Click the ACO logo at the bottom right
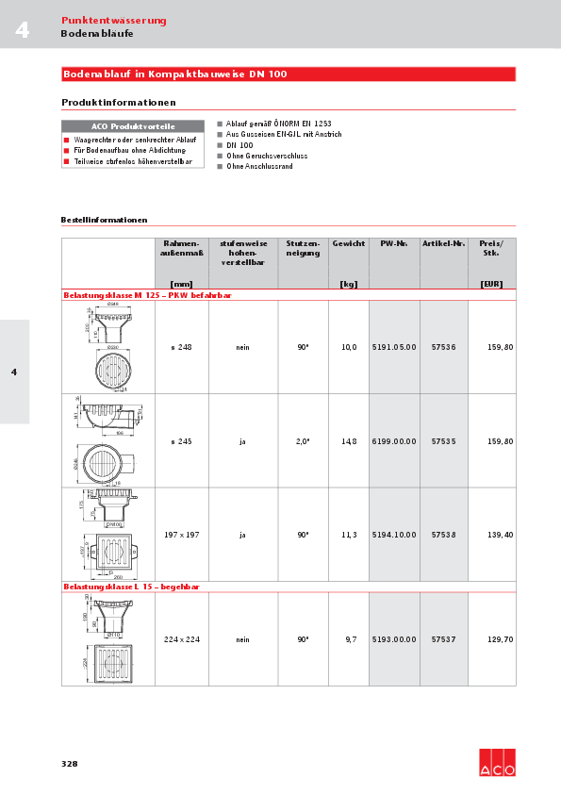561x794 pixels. coord(497,763)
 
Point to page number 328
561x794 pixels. coord(70,763)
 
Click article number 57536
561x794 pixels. coord(443,347)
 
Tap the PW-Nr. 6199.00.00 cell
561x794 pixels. coord(394,440)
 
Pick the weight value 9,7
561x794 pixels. coord(350,639)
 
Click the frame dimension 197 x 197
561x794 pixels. coord(181,535)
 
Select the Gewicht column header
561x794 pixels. coord(349,243)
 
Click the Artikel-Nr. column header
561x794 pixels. coord(443,243)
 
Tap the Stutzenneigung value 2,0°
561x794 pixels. coord(303,440)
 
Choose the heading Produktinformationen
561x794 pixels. coord(119,102)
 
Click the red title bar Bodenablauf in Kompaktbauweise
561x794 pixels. coord(288,74)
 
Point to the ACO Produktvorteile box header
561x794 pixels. coord(132,126)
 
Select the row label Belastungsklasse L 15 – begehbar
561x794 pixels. coord(131,587)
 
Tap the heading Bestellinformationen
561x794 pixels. coord(104,220)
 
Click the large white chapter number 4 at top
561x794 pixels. coord(22,31)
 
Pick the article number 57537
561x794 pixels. coord(443,639)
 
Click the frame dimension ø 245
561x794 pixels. coord(181,440)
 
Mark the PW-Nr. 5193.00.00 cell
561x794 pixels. coord(394,639)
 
